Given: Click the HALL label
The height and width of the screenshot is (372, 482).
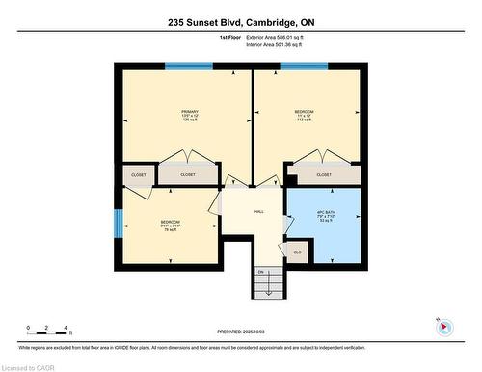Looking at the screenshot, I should pos(258,211).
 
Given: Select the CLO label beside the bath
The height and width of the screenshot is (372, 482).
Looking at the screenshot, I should pos(297,252).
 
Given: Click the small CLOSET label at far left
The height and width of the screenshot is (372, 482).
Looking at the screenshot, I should pos(139,175).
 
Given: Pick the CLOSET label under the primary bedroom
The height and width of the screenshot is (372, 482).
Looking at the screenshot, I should pos(188,175).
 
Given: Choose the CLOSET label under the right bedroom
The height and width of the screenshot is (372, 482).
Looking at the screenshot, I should pos(324,175).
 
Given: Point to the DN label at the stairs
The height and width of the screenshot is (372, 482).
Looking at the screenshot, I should pos(259,272).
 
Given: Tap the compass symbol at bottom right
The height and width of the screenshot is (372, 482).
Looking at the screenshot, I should pos(444,326).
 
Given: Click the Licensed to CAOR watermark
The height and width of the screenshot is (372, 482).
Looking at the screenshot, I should pos(28,366).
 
